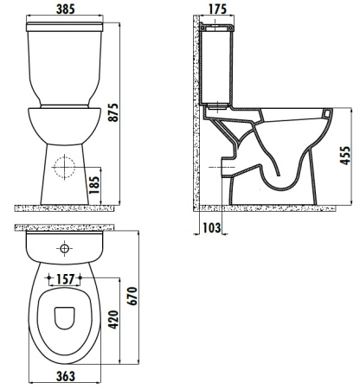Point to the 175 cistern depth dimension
pyautogui.click(x=218, y=10)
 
